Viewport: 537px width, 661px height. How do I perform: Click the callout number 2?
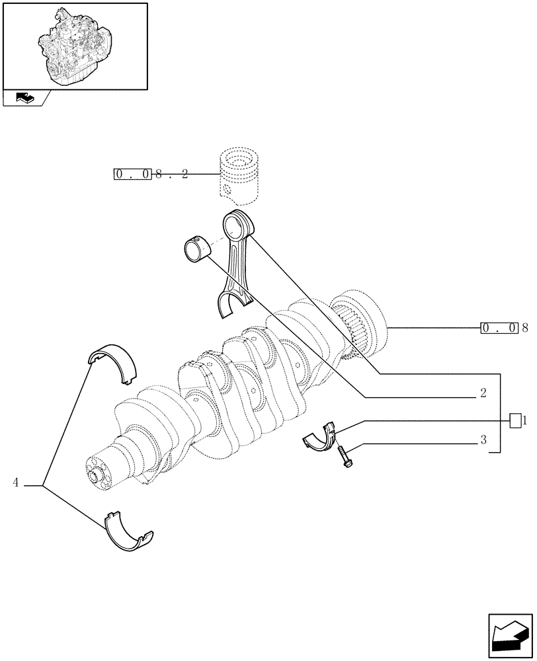pos(483,393)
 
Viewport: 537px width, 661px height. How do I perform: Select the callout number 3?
pos(483,439)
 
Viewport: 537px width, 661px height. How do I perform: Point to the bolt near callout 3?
pos(345,457)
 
